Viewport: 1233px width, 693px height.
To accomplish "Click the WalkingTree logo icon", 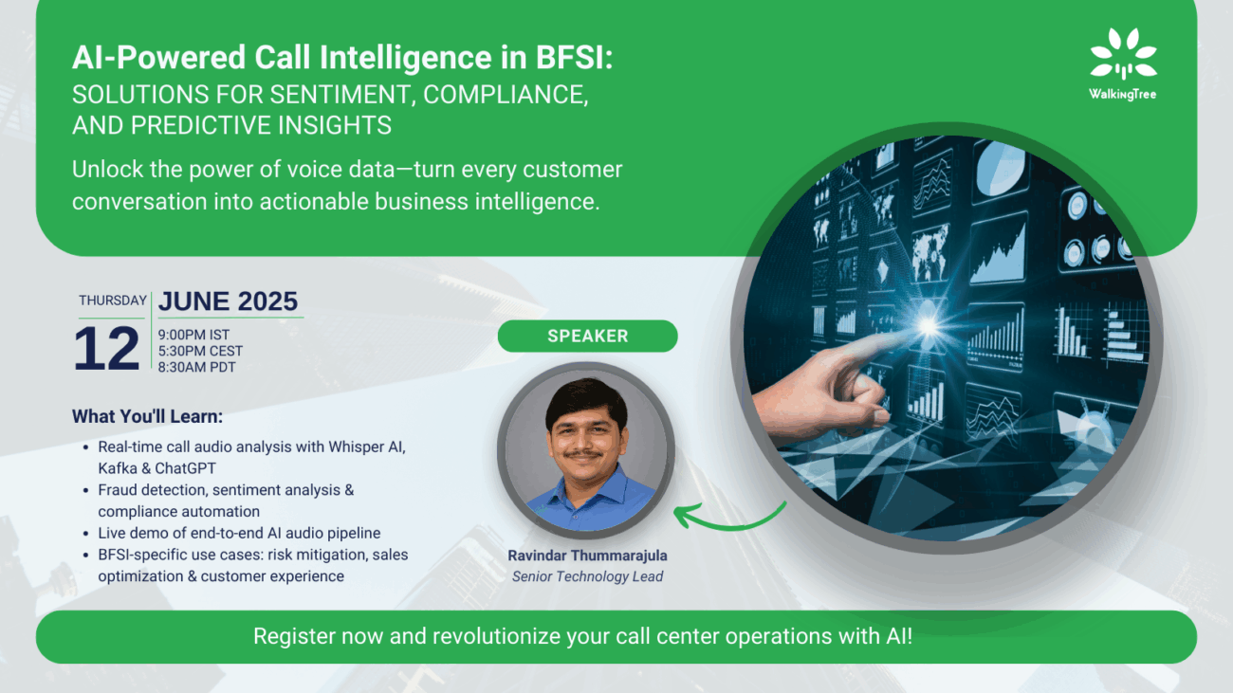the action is [1123, 53].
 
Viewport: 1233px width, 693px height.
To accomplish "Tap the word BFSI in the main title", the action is [574, 57].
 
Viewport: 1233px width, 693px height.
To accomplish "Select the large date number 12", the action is [106, 348].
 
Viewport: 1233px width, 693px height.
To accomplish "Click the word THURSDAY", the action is [112, 301].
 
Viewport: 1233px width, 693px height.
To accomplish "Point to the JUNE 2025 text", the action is [228, 301].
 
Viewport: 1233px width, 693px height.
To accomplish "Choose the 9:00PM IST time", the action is [193, 335].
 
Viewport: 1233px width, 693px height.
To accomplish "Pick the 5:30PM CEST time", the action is [200, 351].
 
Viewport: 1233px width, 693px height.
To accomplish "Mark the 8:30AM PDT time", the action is [196, 367].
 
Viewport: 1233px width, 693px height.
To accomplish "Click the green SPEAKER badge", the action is [587, 336].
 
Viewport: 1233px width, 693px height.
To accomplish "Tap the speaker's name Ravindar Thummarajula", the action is [587, 556].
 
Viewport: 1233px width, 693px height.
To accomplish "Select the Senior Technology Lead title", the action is [587, 576].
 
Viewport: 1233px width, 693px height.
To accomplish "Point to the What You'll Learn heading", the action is [148, 416].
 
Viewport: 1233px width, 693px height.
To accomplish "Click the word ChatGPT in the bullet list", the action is [186, 468].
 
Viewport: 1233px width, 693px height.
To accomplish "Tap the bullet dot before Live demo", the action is [86, 534].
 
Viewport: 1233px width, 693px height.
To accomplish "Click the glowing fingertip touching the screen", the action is [928, 326].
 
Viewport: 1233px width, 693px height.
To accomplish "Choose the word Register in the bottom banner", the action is [294, 636].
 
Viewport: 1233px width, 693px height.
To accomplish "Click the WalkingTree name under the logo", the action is [1123, 94].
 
